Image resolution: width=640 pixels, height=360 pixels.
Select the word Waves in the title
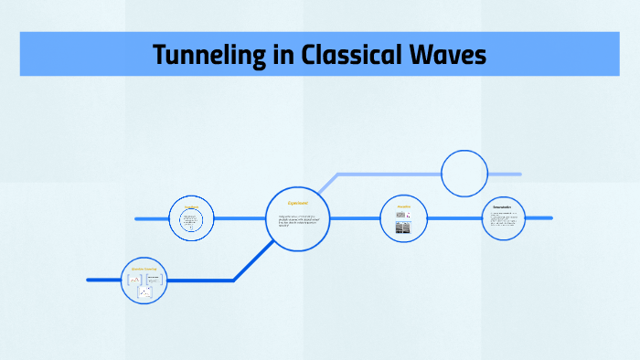451,56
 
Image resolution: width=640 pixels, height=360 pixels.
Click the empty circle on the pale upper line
464,173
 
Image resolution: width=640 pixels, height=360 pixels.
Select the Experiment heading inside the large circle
298,203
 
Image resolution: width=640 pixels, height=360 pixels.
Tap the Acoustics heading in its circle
403,206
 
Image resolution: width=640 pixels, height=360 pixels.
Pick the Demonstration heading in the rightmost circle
503,207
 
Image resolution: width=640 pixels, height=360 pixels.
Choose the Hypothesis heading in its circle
191,207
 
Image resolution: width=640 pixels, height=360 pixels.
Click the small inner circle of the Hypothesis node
191,222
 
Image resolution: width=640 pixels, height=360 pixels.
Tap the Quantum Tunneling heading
144,269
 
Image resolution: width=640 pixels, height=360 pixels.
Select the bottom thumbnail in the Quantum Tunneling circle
145,292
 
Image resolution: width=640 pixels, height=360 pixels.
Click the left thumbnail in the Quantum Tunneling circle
134,279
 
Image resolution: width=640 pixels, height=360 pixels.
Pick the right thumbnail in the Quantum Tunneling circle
155,277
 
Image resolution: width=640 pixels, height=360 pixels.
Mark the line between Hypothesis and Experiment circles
240,218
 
